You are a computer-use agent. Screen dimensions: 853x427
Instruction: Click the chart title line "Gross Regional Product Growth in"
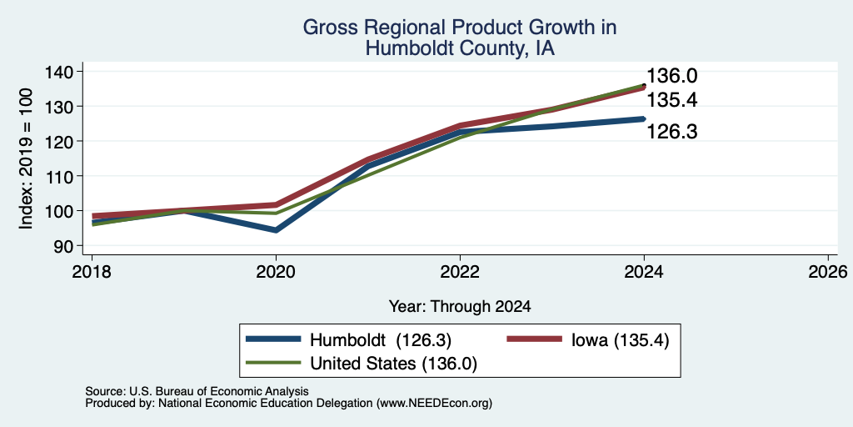[x=460, y=28]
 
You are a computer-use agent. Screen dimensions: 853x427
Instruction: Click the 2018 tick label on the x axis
[x=92, y=271]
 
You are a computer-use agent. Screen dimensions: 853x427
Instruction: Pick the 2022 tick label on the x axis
[x=460, y=271]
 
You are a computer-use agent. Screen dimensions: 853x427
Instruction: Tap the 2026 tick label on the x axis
[x=828, y=271]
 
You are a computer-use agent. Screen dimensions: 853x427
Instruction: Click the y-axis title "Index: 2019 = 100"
[x=26, y=158]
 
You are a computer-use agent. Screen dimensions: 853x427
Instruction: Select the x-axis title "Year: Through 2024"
[x=460, y=307]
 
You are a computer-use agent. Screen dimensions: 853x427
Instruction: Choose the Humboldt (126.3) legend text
[x=381, y=340]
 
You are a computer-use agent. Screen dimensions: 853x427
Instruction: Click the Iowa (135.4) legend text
[x=620, y=340]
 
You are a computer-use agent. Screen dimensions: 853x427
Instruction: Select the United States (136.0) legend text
[x=393, y=364]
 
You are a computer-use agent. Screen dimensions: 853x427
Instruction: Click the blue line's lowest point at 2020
[x=277, y=230]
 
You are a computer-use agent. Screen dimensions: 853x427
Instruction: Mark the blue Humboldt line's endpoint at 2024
[x=644, y=118]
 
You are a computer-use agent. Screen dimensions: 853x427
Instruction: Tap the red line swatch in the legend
[x=534, y=339]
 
